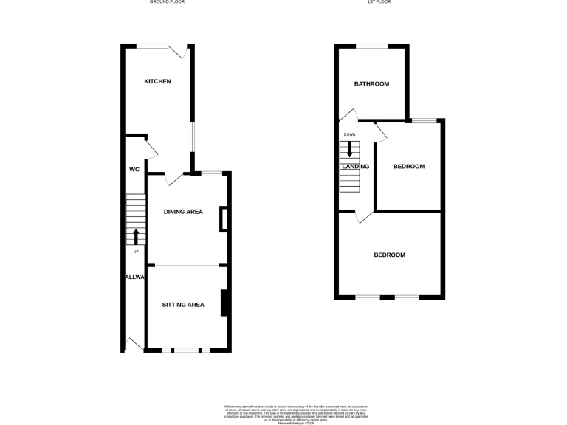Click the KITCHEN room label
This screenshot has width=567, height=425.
click(x=157, y=81)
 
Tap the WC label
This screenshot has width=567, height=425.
click(x=134, y=170)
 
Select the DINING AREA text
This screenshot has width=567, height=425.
click(x=183, y=212)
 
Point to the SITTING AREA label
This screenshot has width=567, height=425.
click(x=183, y=304)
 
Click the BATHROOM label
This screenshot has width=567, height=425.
click(x=371, y=83)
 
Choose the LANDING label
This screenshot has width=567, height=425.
click(x=355, y=166)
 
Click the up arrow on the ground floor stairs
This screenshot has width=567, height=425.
click(x=136, y=236)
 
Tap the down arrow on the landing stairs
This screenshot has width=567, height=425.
click(x=350, y=148)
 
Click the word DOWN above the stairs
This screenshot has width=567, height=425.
click(x=350, y=134)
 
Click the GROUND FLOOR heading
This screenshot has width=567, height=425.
click(x=167, y=2)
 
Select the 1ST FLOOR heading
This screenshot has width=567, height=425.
click(x=379, y=2)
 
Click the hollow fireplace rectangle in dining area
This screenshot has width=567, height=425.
click(x=223, y=221)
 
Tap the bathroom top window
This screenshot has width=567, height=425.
click(x=372, y=46)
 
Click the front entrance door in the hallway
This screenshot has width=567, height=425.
click(x=134, y=344)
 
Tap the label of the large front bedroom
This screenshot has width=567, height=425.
click(x=389, y=255)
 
